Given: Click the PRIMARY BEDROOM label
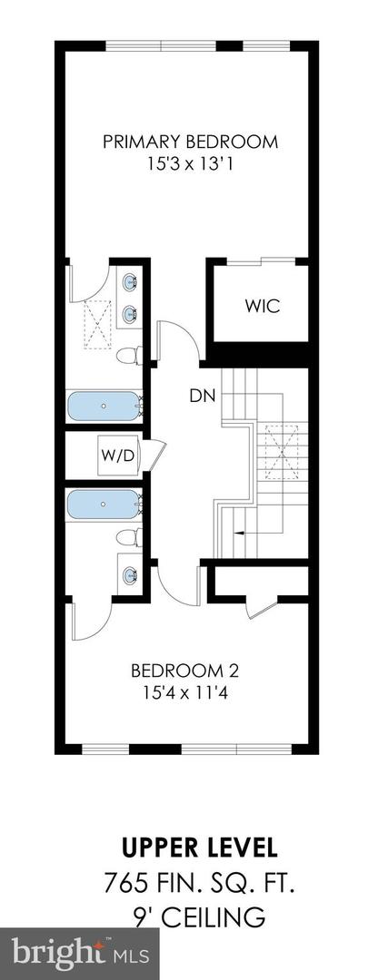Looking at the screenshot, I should click(189, 142).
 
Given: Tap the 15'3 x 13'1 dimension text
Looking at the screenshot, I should click(189, 165).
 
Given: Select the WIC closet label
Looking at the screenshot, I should click(262, 306).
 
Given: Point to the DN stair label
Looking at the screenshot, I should click(201, 396).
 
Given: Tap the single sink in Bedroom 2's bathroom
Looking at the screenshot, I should click(129, 573).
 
